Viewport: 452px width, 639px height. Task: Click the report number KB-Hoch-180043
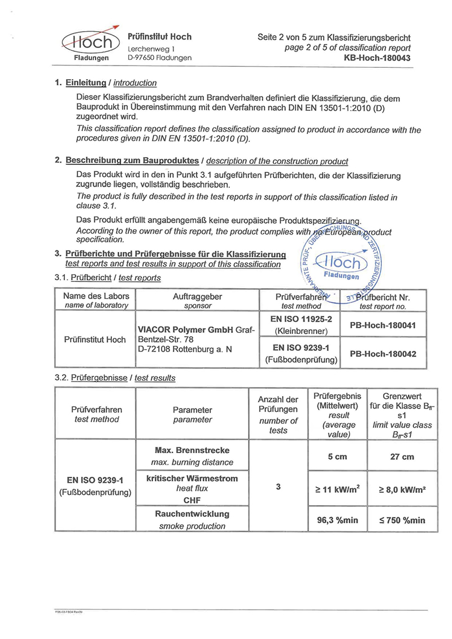click(x=377, y=58)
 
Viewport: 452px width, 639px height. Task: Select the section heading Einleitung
click(x=86, y=82)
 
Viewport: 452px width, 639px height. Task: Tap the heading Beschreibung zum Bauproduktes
click(x=132, y=160)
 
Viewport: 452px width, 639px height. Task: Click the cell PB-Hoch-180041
click(x=383, y=325)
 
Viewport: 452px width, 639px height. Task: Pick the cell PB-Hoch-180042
click(x=383, y=354)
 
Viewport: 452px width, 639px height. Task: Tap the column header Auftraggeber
click(x=197, y=296)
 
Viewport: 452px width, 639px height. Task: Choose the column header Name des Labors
click(x=96, y=296)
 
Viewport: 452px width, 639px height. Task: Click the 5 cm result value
click(x=337, y=457)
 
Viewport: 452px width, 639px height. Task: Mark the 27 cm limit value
click(x=402, y=457)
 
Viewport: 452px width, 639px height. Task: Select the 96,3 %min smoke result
click(x=337, y=520)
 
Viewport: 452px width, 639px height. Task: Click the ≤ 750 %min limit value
click(x=402, y=520)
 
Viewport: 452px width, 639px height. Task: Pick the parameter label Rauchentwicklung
click(x=192, y=514)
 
